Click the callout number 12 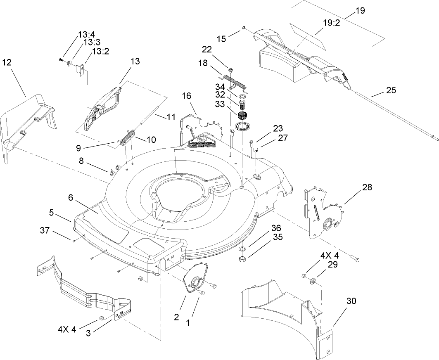7,62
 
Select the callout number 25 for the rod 391,90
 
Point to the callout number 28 367,187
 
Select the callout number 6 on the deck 71,198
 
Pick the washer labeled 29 313,281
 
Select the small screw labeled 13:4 62,60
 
